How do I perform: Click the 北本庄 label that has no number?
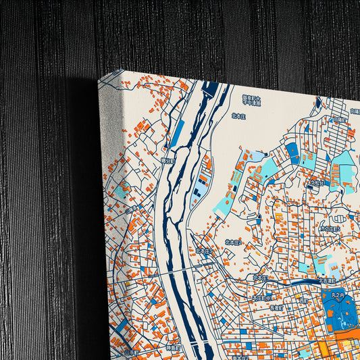point(238,115)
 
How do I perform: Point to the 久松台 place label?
point(316,182)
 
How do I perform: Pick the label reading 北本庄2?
point(233,242)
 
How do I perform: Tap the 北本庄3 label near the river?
point(203,251)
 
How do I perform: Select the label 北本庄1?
point(260,277)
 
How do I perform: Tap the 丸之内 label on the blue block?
point(338,294)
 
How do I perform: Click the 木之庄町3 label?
point(330,228)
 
